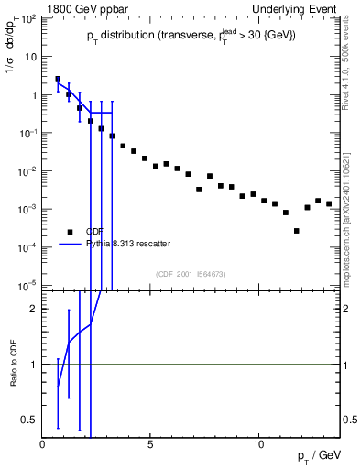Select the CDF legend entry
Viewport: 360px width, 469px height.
tap(94, 232)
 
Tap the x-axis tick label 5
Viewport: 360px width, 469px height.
tap(151, 444)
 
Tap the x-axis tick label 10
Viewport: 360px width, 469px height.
tap(258, 444)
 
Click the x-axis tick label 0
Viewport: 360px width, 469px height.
tap(43, 444)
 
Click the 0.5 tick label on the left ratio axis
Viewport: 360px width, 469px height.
tap(30, 420)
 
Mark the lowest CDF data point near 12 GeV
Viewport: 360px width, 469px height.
tap(296, 231)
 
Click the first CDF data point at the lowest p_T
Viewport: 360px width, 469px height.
tap(58, 79)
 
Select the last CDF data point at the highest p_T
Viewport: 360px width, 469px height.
tap(329, 203)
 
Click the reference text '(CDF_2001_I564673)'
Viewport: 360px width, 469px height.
tap(191, 273)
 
